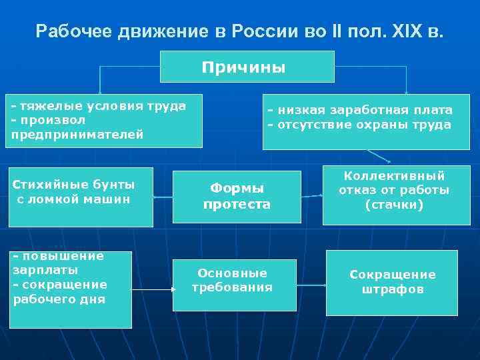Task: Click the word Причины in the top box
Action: click(243, 67)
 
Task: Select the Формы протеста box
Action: click(237, 197)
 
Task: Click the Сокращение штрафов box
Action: click(392, 283)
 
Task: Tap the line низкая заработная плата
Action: click(360, 110)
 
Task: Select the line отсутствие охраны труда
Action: click(359, 125)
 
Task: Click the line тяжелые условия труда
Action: click(98, 106)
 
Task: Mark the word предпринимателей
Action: click(77, 135)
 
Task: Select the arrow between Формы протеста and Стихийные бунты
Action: click(163, 197)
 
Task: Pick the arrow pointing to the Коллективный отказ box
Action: click(311, 196)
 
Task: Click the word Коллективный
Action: click(394, 176)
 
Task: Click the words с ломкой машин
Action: click(73, 199)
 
